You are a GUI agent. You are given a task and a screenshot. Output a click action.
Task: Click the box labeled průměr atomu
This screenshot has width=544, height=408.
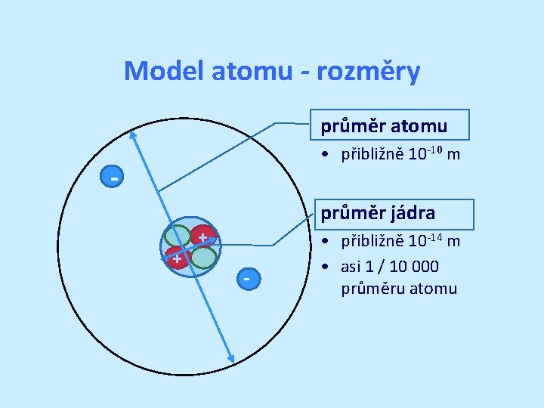click(x=390, y=125)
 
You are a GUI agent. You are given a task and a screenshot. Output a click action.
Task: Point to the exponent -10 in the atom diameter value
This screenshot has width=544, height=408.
click(x=434, y=149)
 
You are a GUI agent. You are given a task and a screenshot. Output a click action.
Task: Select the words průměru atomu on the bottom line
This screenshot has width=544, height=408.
click(x=399, y=288)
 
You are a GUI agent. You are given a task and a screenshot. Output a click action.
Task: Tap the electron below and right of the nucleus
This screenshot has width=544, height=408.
click(x=246, y=278)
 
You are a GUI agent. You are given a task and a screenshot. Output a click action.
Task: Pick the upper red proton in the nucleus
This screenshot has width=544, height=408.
click(x=202, y=236)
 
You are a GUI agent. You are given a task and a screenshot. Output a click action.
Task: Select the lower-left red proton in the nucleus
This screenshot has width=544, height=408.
click(x=176, y=258)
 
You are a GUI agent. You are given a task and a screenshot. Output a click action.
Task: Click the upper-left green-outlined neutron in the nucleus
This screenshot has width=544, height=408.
click(x=178, y=236)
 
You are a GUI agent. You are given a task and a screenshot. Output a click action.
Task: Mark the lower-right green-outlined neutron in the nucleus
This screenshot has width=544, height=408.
click(x=203, y=258)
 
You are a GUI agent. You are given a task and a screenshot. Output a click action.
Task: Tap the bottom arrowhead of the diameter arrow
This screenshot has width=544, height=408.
click(x=232, y=360)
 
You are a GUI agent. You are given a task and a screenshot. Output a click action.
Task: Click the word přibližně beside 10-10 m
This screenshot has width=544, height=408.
click(x=372, y=155)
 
